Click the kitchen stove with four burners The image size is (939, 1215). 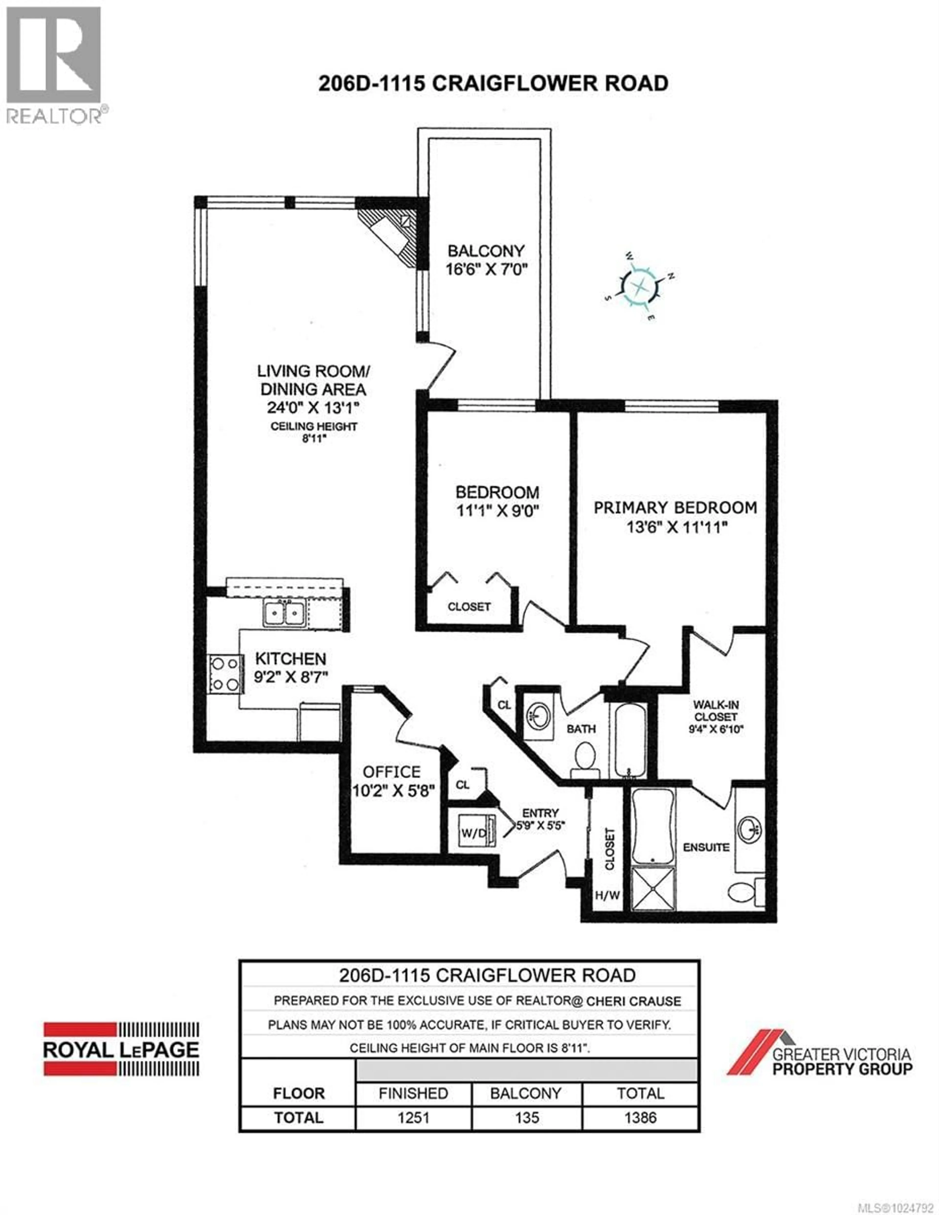click(225, 674)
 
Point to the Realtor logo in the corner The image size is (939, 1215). click(54, 64)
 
